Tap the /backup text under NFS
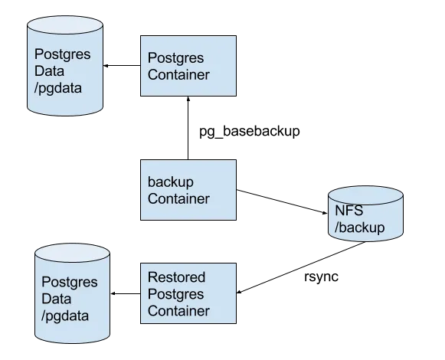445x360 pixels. click(358, 228)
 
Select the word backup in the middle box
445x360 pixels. click(170, 183)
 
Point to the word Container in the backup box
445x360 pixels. click(178, 199)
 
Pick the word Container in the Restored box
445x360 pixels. click(178, 310)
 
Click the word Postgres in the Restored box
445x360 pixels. click(175, 293)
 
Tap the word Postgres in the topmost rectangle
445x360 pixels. click(175, 57)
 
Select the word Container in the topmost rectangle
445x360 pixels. click(178, 74)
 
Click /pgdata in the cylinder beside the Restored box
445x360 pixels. click(65, 315)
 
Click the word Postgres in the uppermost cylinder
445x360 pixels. click(62, 54)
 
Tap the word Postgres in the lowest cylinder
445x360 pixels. click(68, 281)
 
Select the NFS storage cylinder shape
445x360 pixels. click(365, 218)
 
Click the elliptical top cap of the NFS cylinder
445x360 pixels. click(365, 195)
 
